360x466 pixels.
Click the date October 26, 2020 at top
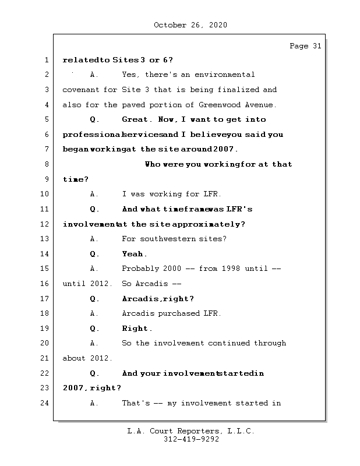coord(190,25)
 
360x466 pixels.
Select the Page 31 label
coord(305,46)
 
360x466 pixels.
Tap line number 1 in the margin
coord(45,60)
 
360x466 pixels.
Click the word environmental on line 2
coord(224,75)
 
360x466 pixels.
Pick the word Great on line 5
coord(136,119)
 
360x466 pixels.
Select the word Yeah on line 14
coord(134,253)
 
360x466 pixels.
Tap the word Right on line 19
coord(136,329)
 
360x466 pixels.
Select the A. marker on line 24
coord(94,403)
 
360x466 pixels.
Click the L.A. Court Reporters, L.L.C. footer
coord(190,431)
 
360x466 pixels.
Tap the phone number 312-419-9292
coord(191,440)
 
